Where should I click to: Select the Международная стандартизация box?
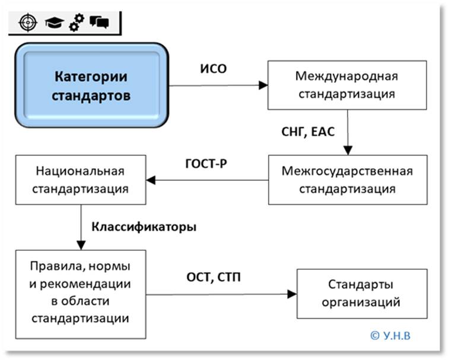point(347,85)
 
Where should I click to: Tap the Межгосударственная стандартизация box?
point(347,180)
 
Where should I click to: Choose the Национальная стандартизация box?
point(80,180)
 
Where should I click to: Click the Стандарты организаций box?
point(361,294)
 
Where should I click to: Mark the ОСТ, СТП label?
point(214,276)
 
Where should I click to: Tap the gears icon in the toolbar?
point(76,23)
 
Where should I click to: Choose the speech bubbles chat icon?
point(99,23)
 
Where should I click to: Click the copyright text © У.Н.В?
point(390,336)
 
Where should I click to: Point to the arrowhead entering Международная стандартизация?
point(263,85)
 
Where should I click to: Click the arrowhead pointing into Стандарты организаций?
point(292,294)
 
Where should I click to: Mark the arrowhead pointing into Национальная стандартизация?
point(151,180)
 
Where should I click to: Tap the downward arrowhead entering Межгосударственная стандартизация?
point(347,151)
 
